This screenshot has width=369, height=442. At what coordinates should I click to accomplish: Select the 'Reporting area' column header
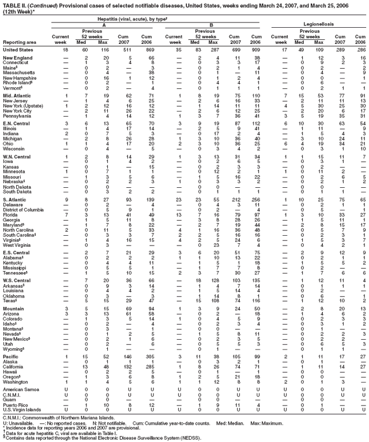pyautogui.click(x=20, y=42)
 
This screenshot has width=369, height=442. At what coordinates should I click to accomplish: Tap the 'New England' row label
pyautogui.click(x=17, y=58)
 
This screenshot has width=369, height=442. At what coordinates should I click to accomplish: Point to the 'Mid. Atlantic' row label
pyautogui.click(x=18, y=95)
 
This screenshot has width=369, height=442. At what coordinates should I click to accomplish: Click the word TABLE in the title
pyautogui.click(x=12, y=4)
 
